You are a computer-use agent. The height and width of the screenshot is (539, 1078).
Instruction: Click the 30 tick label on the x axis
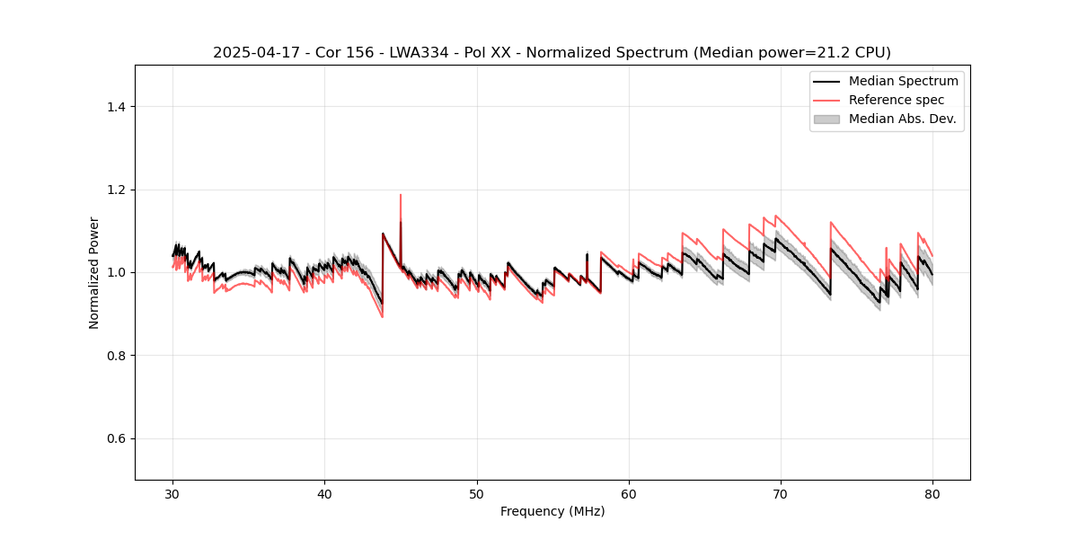click(173, 494)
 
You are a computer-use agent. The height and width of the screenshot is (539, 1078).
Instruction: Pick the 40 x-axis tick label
click(325, 494)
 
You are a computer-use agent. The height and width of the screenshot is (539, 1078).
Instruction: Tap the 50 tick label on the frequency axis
click(477, 494)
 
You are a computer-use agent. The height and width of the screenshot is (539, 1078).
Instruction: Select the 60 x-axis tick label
click(629, 494)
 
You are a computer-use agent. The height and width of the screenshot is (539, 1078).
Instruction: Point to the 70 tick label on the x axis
click(781, 494)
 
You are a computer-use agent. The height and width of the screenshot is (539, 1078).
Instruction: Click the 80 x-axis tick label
click(932, 494)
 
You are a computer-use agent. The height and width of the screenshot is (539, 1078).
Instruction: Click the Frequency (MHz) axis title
click(552, 512)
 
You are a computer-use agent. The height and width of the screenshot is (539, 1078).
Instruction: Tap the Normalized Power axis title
click(94, 272)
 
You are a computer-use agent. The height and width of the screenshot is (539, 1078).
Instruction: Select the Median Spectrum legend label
click(903, 81)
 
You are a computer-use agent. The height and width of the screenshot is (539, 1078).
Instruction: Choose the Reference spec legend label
click(897, 100)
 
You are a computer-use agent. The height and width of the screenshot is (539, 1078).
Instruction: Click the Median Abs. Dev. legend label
click(902, 119)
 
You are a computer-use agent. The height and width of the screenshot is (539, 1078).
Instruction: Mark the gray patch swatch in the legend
click(826, 119)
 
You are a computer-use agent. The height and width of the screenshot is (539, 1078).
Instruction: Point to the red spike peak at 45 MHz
click(401, 195)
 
